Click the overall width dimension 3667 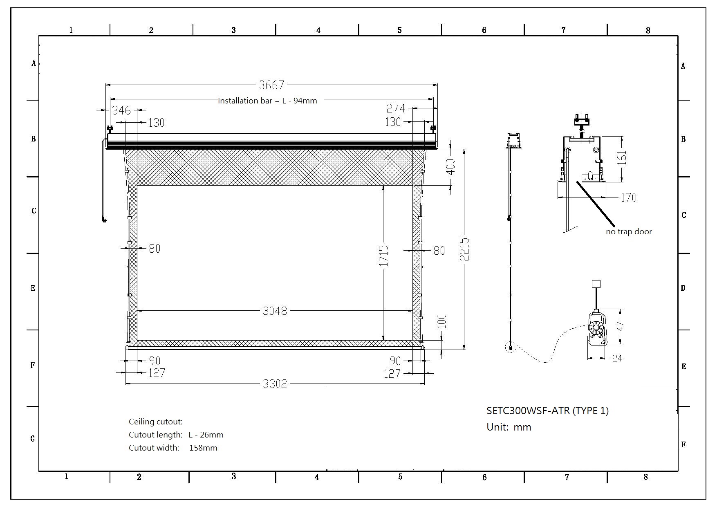point(271,85)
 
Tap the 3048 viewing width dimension point(275,311)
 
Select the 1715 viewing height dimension point(383,256)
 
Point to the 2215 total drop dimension point(464,249)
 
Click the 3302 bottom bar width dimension point(275,384)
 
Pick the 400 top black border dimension point(450,166)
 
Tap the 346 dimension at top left point(121,110)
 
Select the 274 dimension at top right point(396,108)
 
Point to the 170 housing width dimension point(628,197)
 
